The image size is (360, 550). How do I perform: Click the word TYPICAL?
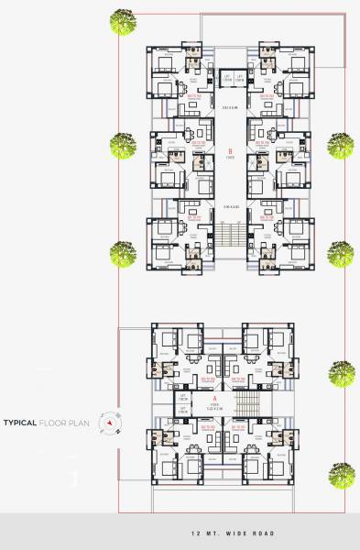[x=20, y=423]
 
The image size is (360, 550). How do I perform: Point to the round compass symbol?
[x=110, y=423]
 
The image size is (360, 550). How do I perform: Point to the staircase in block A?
[x=246, y=404]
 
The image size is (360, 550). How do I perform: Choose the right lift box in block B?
[x=239, y=77]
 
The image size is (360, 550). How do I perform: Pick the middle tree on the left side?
[x=122, y=143]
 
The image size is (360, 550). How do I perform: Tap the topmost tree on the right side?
[x=340, y=145]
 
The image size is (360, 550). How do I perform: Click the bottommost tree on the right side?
[x=341, y=473]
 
